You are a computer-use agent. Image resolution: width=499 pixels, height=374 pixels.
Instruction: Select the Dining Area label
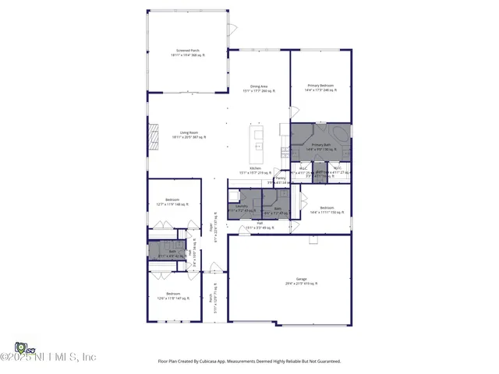pyautogui.click(x=259, y=88)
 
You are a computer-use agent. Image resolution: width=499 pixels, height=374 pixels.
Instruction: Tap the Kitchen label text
pyautogui.click(x=256, y=169)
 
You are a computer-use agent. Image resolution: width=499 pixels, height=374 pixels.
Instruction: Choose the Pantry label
pyautogui.click(x=281, y=178)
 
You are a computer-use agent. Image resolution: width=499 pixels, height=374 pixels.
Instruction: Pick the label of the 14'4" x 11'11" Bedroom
pyautogui.click(x=327, y=210)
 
